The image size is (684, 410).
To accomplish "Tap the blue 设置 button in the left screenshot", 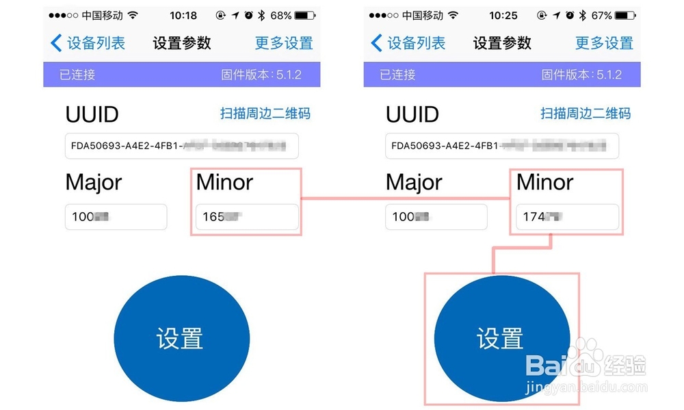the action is click(181, 338).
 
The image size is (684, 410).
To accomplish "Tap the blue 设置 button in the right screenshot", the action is click(501, 338).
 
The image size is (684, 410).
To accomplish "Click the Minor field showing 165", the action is click(247, 217).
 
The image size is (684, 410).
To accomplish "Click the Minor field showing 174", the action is click(567, 217).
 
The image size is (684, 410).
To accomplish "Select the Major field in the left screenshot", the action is click(116, 217).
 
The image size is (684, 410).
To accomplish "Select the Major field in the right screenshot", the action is click(436, 217).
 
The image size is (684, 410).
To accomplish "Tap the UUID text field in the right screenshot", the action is click(502, 145).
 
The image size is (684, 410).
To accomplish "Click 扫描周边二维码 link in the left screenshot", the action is click(265, 113).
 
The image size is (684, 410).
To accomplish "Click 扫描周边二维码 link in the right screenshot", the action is click(586, 113).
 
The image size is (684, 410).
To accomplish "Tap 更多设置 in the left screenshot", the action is click(284, 43).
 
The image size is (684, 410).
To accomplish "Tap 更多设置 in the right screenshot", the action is click(604, 43).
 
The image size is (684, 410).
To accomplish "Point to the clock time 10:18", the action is click(183, 15).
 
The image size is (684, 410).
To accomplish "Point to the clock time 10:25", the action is click(503, 15).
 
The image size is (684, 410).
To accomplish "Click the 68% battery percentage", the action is click(280, 15).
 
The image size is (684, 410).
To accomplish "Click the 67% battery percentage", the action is click(601, 15).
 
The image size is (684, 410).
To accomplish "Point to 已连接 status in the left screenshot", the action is click(77, 75).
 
